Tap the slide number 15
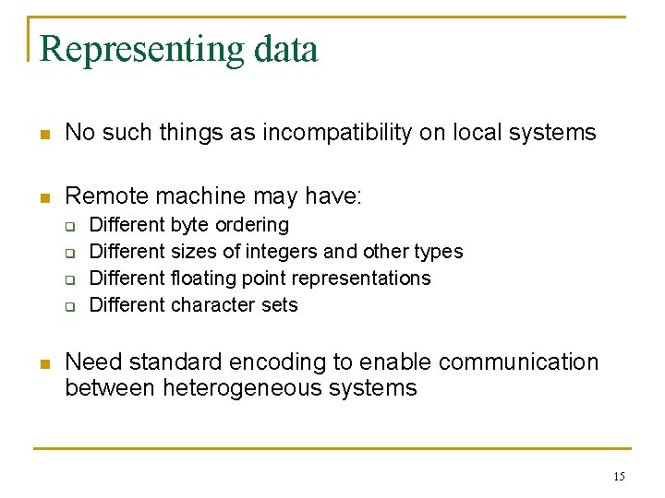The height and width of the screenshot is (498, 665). point(618,476)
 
